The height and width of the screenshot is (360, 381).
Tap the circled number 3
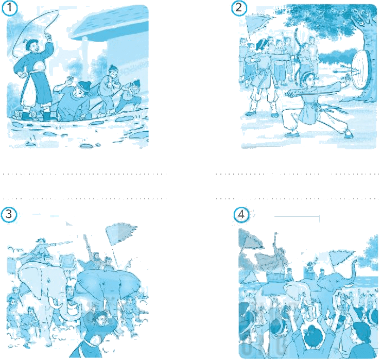tap(9, 215)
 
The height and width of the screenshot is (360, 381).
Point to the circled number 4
tap(241, 215)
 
